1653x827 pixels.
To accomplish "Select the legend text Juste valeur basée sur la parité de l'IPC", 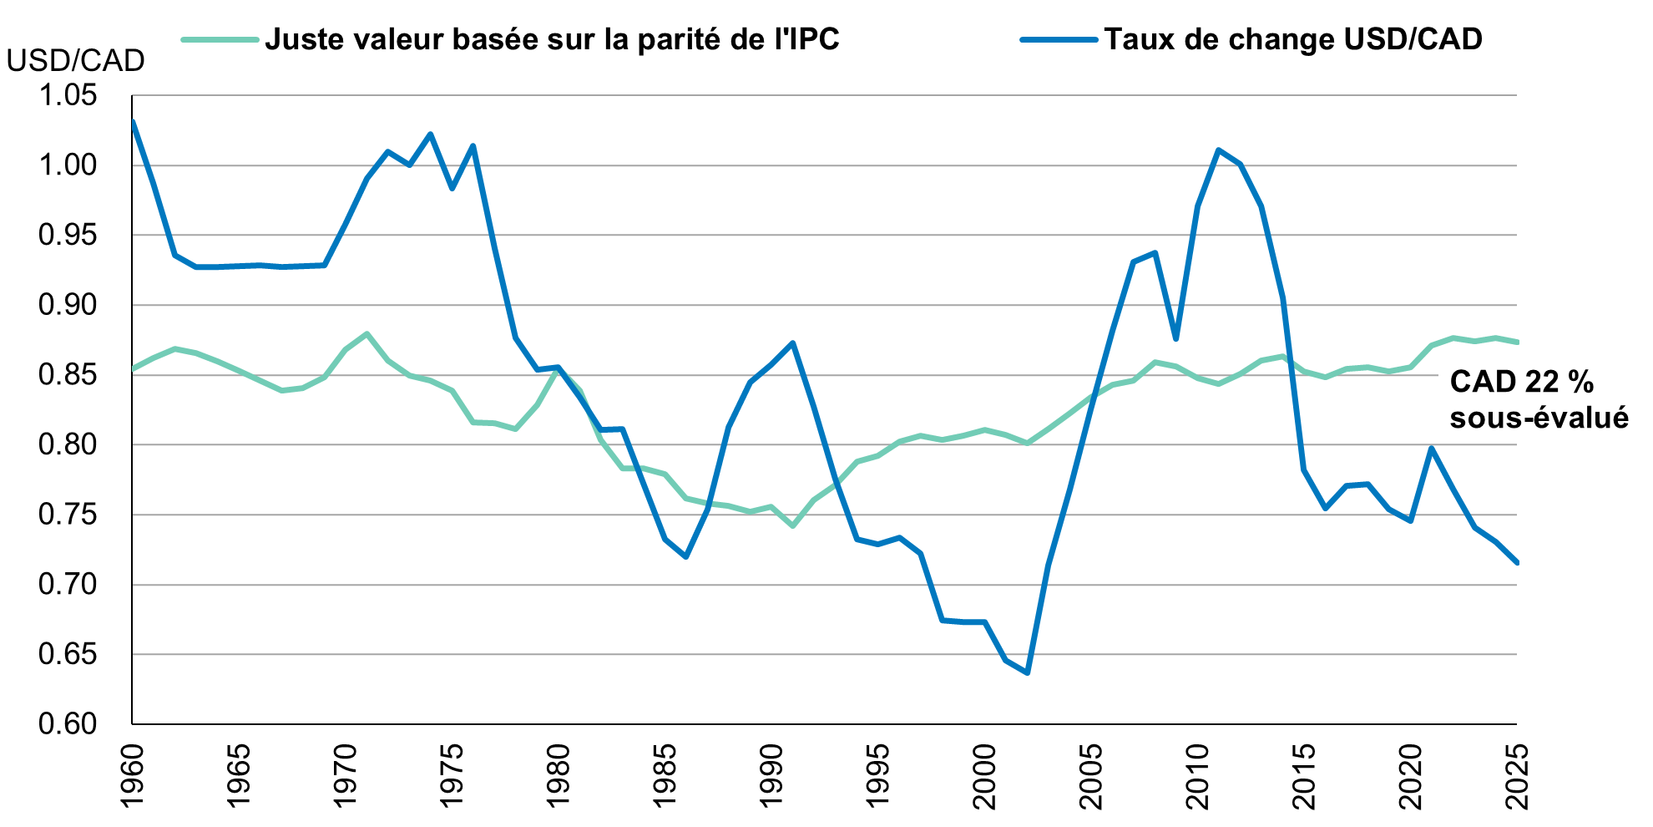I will click(x=552, y=39).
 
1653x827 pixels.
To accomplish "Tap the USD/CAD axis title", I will click(x=75, y=60).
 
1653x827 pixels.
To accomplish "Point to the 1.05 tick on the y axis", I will click(x=68, y=96).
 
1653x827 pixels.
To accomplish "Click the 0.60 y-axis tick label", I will click(x=68, y=723).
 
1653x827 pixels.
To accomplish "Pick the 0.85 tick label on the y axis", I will click(x=68, y=375).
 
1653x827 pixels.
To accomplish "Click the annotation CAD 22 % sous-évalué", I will click(x=1538, y=399).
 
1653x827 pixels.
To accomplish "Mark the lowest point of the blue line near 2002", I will click(x=1027, y=672).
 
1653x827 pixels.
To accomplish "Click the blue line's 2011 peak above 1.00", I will click(x=1218, y=150).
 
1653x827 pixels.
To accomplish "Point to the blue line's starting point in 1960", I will click(x=133, y=122).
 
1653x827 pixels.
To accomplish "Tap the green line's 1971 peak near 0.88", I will click(x=367, y=334).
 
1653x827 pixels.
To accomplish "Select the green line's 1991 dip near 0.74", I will click(x=792, y=526).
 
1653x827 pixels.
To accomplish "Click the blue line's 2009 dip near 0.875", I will click(x=1175, y=338).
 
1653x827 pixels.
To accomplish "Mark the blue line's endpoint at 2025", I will click(x=1516, y=563).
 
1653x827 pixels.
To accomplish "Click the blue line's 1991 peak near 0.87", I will click(x=792, y=342).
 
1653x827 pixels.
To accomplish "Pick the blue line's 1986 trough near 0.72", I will click(x=686, y=556).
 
